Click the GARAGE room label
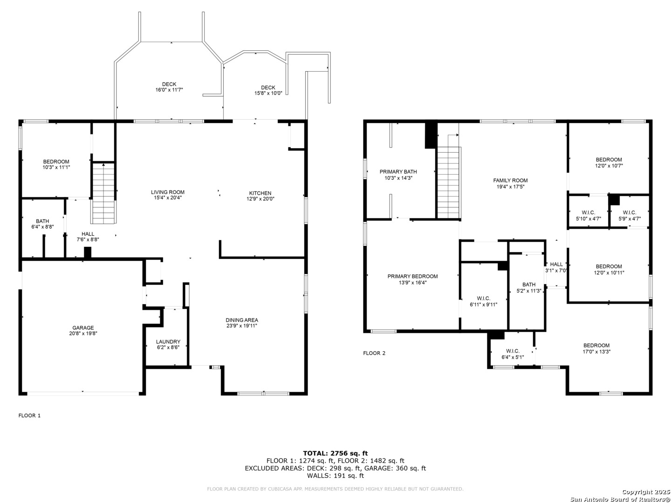83,328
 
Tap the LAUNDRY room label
168,341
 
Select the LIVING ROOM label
168,192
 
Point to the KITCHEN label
260,193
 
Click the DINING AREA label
241,320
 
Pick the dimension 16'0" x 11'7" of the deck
169,90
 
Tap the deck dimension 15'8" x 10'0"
268,93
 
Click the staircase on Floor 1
103,193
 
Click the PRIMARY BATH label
398,172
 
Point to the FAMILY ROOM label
510,180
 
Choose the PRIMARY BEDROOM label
412,276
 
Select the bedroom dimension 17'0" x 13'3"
596,351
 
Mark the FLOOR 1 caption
29,415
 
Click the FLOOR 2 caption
374,353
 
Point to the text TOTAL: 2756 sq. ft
335,453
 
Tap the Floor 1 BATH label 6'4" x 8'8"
42,221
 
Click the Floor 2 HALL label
556,264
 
